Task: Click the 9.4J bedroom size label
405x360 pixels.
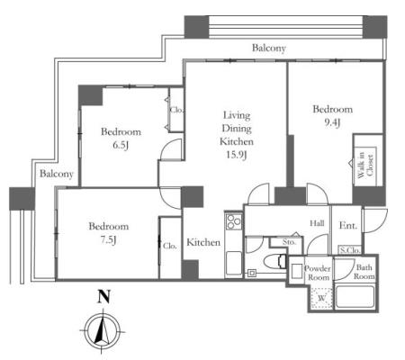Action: pos(332,122)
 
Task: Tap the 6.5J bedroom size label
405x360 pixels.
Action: pos(121,145)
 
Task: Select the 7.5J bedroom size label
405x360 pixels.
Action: pos(108,239)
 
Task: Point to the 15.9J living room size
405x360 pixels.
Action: pos(237,155)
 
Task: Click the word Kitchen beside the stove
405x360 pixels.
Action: pos(203,242)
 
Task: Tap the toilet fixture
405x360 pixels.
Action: pos(275,260)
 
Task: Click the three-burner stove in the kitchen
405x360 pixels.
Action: pos(234,221)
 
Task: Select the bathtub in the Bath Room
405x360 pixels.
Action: pos(355,297)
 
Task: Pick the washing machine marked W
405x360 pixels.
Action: pos(322,298)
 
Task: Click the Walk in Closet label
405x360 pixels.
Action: pos(365,165)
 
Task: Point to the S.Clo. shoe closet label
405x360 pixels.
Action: pos(349,250)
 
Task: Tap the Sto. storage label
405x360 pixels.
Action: pos(289,242)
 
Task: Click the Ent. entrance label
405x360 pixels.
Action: pos(348,225)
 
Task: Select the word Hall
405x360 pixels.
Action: pos(317,223)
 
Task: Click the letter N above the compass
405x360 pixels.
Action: pos(103,296)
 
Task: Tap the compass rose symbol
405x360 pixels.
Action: pos(103,332)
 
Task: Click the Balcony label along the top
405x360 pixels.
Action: pos(269,48)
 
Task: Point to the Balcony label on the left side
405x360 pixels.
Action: pos(57,174)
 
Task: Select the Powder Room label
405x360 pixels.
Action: pos(318,273)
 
